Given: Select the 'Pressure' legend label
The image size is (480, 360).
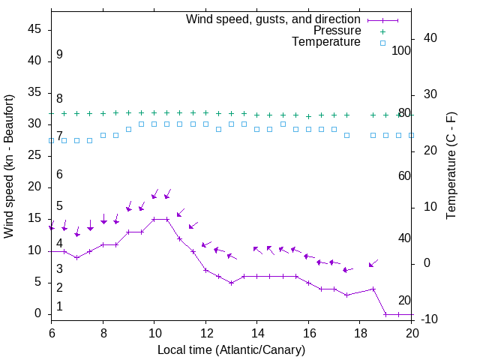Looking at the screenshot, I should [x=337, y=31].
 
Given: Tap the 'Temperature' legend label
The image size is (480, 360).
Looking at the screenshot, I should [x=326, y=42].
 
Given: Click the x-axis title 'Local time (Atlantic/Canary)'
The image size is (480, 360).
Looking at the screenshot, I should [x=231, y=350].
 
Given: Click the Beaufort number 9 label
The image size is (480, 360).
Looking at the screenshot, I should [x=59, y=55].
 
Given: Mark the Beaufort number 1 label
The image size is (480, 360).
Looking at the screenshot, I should [x=59, y=306].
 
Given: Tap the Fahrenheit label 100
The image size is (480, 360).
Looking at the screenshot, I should [x=402, y=51].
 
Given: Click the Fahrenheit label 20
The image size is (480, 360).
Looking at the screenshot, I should [x=404, y=300].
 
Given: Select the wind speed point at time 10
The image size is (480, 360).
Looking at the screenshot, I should [x=154, y=219].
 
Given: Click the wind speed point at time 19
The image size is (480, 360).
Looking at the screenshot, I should [x=385, y=313].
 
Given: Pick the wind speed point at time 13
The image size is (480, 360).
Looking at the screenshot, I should [x=231, y=283].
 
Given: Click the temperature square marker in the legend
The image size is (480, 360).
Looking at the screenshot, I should [x=382, y=43].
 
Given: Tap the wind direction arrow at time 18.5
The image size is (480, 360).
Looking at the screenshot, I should [x=373, y=263].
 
